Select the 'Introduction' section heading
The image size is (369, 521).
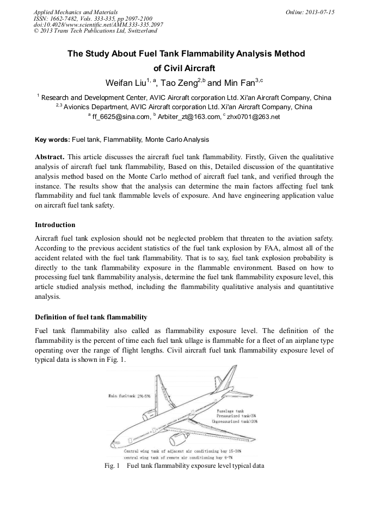55,224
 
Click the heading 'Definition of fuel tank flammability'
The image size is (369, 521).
91,317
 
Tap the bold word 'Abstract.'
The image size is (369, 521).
50,156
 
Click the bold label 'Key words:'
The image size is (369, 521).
48,140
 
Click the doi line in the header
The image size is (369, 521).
98,25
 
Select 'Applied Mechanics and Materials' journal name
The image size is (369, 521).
75,11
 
